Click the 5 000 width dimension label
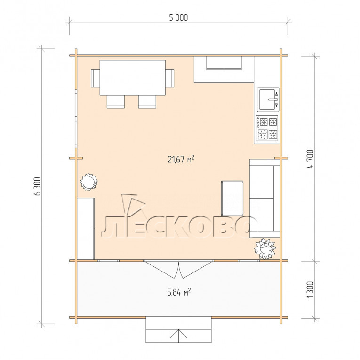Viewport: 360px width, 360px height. click(178, 18)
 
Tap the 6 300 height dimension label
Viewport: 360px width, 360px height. click(37, 186)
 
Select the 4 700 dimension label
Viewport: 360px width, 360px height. click(310, 159)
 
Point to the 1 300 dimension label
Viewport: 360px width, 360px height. click(310, 290)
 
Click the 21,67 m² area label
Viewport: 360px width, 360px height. click(181, 159)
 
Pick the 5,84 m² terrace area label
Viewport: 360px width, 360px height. click(179, 292)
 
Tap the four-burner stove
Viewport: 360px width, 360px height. click(267, 128)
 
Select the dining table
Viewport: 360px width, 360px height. click(133, 77)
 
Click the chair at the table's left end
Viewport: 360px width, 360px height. click(95, 78)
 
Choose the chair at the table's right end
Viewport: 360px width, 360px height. click(170, 78)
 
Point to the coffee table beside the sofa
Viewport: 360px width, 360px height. click(232, 198)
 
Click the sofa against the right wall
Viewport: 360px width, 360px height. click(265, 198)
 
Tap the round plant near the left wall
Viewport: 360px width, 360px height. click(88, 182)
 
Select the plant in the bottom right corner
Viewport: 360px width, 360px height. click(265, 248)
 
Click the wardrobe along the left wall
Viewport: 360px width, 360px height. click(86, 229)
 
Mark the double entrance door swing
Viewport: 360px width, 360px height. click(179, 269)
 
